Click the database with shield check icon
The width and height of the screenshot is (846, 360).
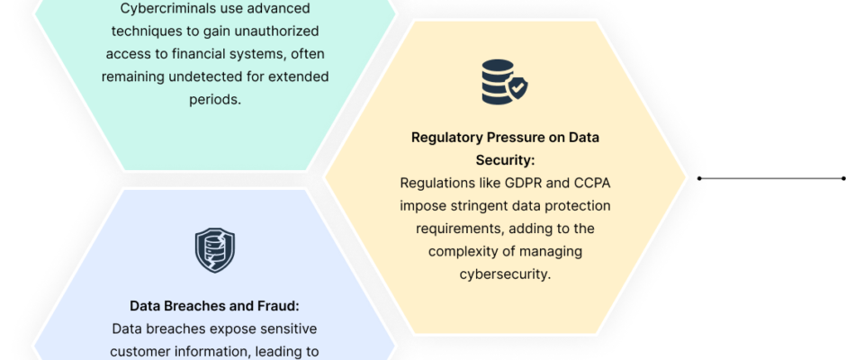click(505, 82)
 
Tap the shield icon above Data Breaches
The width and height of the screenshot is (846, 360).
click(215, 250)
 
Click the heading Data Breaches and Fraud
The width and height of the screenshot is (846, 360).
click(214, 306)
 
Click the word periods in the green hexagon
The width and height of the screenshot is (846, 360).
click(215, 100)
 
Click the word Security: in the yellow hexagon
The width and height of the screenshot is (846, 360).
click(505, 160)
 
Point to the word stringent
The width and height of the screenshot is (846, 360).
click(471, 206)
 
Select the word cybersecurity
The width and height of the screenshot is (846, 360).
click(505, 274)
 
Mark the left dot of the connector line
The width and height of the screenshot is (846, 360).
click(699, 178)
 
